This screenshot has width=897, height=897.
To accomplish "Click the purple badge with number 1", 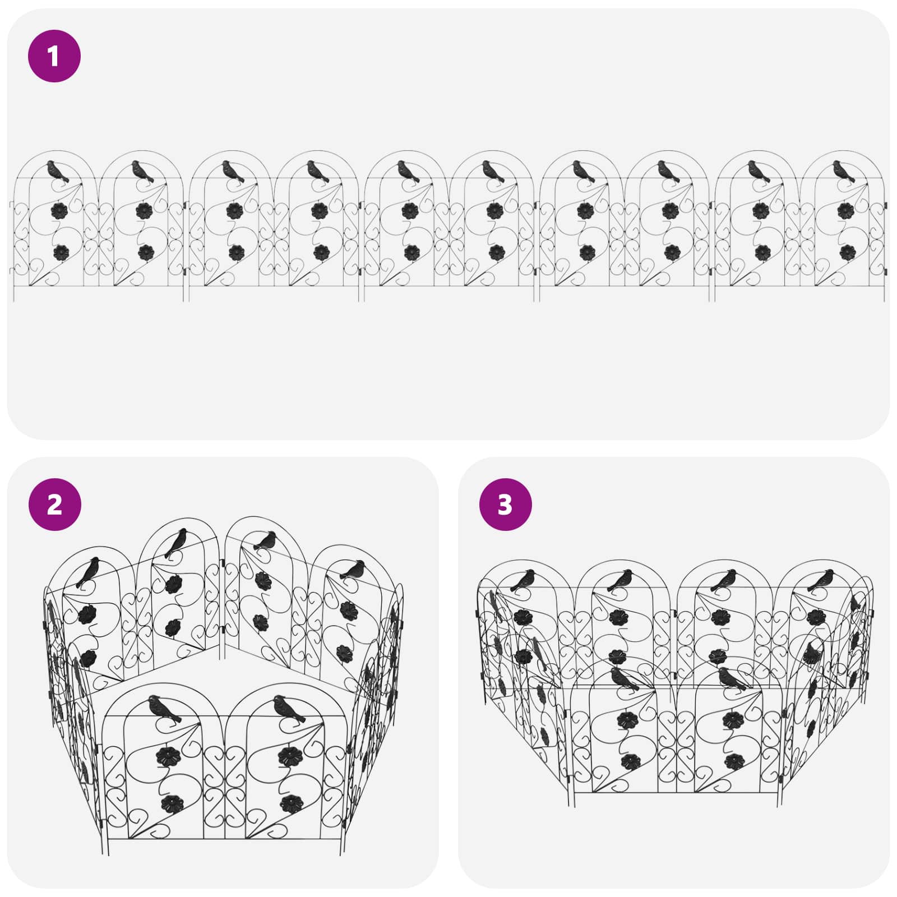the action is coord(54,56).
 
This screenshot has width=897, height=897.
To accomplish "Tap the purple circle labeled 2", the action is coord(55,505).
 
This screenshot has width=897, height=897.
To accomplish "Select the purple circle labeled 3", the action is coord(505,505).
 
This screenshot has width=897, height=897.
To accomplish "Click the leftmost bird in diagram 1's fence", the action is coord(57,171).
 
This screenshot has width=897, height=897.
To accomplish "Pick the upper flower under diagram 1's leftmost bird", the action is coord(59,211).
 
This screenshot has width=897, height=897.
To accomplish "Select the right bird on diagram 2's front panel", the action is coord(289,709).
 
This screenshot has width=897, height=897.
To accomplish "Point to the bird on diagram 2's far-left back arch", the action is coord(89,572).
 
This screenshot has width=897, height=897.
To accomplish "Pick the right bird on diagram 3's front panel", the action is coord(733,678).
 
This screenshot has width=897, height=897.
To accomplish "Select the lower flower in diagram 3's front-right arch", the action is coord(734,761).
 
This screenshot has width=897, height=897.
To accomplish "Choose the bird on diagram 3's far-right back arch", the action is coord(820,580).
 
